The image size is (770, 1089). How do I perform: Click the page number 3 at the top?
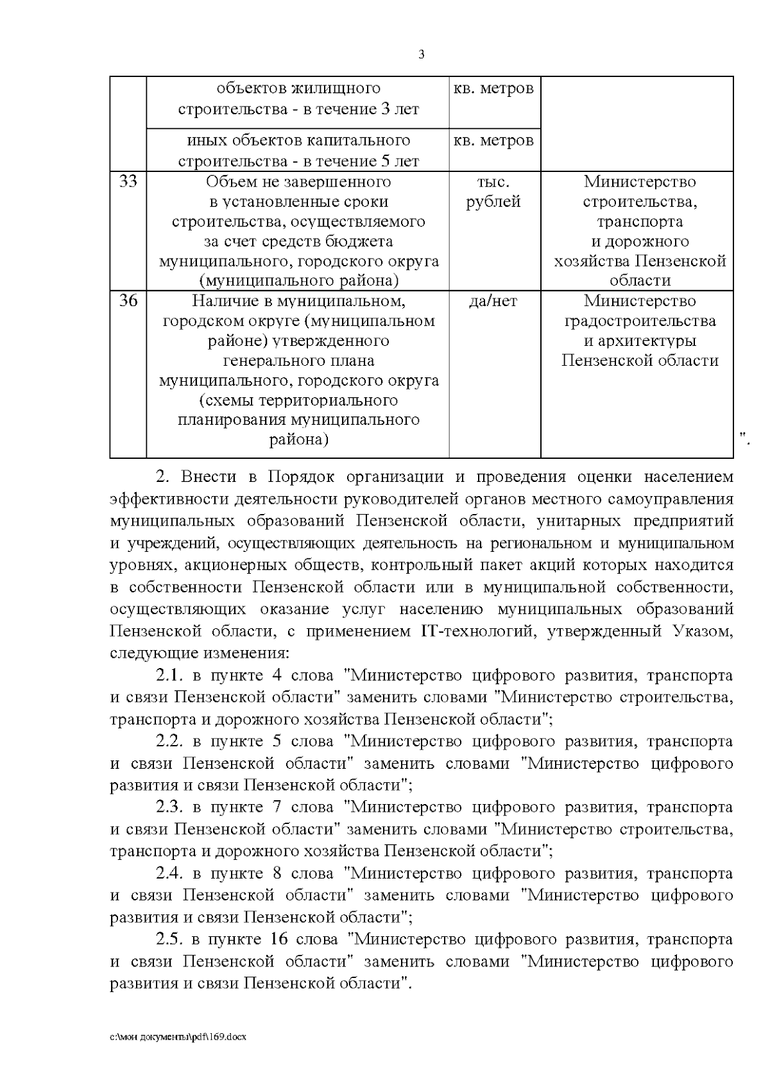[421, 55]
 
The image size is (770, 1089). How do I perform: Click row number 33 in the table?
[128, 182]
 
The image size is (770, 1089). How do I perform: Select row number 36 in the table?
[128, 301]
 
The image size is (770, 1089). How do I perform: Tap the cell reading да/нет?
[493, 301]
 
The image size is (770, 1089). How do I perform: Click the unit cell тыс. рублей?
[493, 192]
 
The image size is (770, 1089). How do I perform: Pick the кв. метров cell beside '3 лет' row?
[493, 89]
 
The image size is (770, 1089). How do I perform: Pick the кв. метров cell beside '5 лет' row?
[493, 141]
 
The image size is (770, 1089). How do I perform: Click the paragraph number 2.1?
[170, 676]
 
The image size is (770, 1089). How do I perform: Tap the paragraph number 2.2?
[170, 742]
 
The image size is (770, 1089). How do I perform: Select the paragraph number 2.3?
[170, 807]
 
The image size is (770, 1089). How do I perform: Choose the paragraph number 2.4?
[170, 873]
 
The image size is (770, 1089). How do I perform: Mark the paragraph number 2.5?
[170, 939]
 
